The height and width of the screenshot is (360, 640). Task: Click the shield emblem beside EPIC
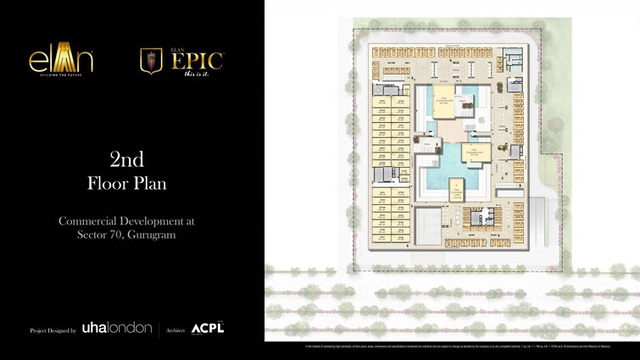(x=151, y=61)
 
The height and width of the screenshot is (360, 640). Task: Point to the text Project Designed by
(x=53, y=330)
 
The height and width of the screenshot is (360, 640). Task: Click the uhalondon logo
(x=117, y=328)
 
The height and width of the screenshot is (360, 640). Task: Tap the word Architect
(x=175, y=330)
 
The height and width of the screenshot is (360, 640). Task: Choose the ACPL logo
(x=208, y=328)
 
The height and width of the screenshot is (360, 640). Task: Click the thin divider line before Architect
(x=159, y=329)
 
